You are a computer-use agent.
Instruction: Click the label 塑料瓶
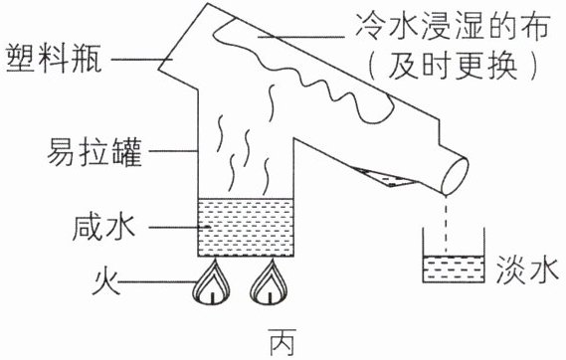point(54,59)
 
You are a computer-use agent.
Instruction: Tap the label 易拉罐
point(94,151)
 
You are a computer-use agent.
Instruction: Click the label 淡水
point(528,270)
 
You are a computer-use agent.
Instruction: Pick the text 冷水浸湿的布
point(453,26)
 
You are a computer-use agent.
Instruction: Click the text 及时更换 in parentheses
point(454,67)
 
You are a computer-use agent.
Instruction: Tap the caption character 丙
point(283,341)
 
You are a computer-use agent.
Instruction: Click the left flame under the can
point(212,282)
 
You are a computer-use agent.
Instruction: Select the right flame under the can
point(270,282)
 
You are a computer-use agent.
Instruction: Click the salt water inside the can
point(246,228)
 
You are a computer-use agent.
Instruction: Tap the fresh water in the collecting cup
point(454,269)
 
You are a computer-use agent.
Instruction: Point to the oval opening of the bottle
point(456,176)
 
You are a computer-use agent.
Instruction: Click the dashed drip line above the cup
point(447,225)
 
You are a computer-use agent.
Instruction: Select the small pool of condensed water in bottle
point(386,178)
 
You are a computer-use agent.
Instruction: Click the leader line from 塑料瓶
point(142,59)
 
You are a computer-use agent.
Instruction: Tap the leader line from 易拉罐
point(174,151)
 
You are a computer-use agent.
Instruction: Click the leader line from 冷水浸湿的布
point(301,37)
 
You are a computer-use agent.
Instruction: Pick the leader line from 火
point(158,281)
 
